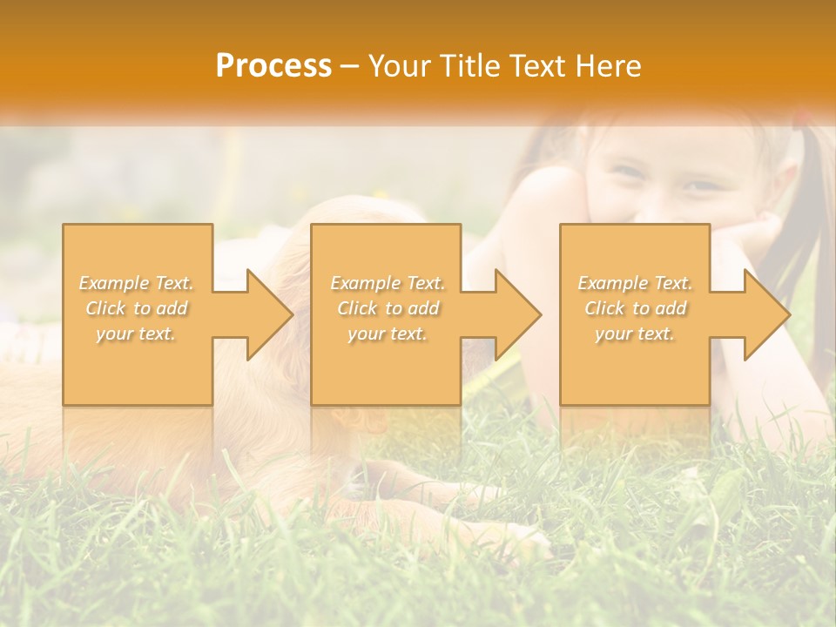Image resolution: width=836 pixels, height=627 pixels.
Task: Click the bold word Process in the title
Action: (273, 66)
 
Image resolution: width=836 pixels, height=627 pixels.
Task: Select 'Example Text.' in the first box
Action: (137, 283)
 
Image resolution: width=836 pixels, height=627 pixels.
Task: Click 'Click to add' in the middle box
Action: (388, 308)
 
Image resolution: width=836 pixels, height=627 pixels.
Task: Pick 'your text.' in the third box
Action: (635, 334)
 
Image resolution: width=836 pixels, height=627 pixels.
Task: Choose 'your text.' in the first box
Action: (137, 334)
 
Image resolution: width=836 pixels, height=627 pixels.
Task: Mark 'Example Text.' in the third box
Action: (635, 283)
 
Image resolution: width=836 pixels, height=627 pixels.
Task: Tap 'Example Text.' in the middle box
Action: (388, 283)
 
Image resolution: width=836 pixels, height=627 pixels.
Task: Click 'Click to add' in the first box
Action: (137, 308)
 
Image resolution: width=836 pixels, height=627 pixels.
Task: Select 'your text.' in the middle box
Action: (388, 334)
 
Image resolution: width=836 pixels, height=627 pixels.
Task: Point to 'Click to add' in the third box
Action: (635, 308)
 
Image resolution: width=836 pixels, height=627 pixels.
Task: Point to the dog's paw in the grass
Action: (522, 540)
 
